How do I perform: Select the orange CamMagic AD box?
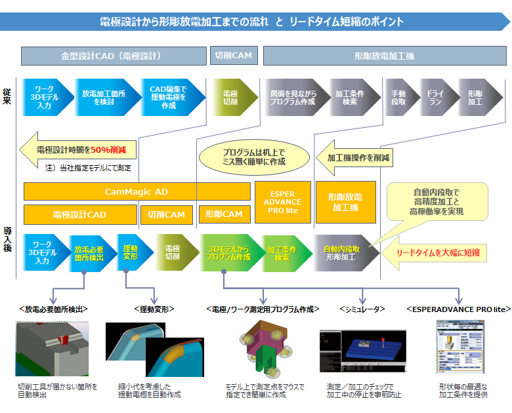pyautogui.click(x=137, y=191)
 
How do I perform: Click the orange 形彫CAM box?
pyautogui.click(x=224, y=214)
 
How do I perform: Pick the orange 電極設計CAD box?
pyautogui.click(x=79, y=214)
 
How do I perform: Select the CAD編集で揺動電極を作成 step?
pyautogui.click(x=167, y=98)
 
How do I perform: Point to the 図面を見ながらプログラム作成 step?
pyautogui.click(x=292, y=98)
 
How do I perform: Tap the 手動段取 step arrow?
pyautogui.click(x=398, y=98)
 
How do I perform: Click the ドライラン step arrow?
pyautogui.click(x=435, y=98)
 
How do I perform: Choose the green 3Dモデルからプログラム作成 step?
pyautogui.click(x=229, y=253)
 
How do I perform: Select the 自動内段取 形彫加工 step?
pyautogui.click(x=339, y=253)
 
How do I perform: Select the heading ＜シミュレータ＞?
pyautogui.click(x=362, y=308)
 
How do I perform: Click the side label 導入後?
pyautogui.click(x=7, y=241)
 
